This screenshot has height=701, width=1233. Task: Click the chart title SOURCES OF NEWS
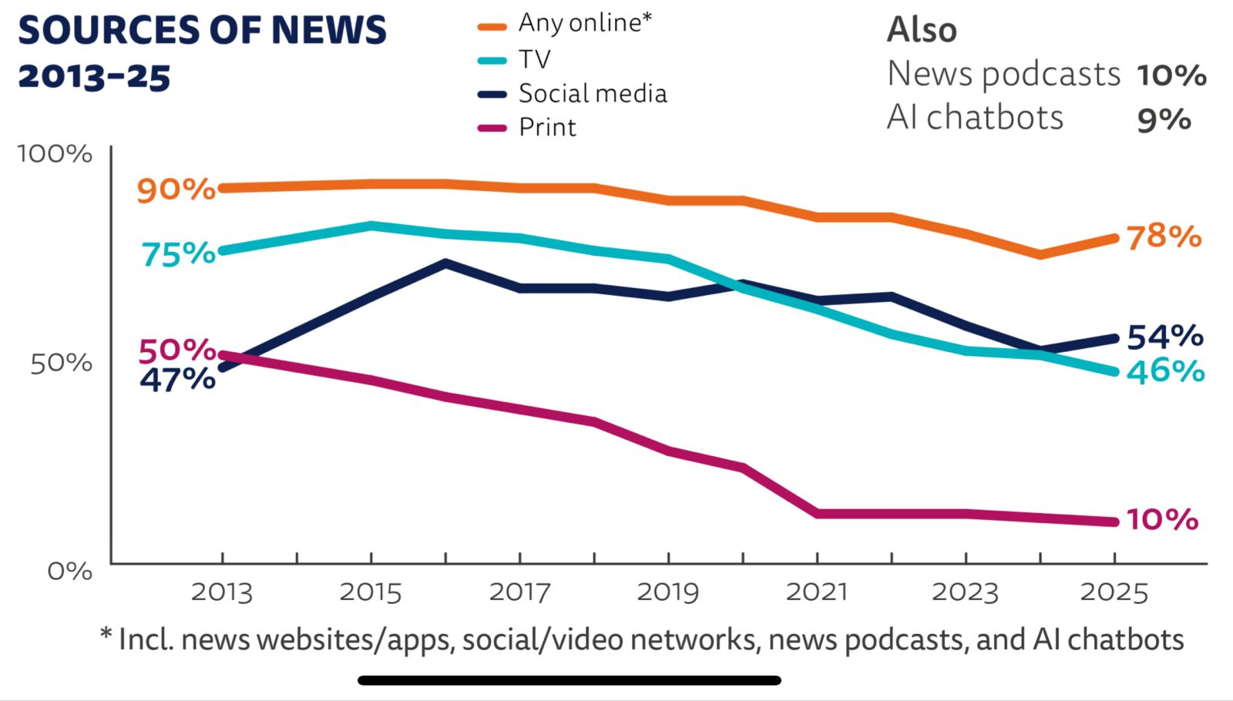point(202,31)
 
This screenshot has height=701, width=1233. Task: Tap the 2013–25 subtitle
point(94,77)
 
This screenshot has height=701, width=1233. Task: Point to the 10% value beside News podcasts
point(1171,75)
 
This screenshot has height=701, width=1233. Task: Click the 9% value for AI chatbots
point(1164,119)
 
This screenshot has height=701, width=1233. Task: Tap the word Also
point(922,31)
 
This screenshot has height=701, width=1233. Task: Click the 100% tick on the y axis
point(55,153)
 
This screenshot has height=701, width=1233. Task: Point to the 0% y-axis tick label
point(69,571)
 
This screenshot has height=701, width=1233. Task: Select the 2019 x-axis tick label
point(667,592)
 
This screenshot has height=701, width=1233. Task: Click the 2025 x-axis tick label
point(1114,592)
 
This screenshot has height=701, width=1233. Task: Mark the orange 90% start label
point(176,189)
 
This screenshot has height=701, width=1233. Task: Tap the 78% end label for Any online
point(1164,236)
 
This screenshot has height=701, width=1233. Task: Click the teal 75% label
point(178,253)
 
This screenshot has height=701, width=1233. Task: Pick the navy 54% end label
point(1164,337)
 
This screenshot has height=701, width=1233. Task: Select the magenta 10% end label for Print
point(1162,520)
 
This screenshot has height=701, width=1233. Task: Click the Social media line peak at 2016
point(445,263)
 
